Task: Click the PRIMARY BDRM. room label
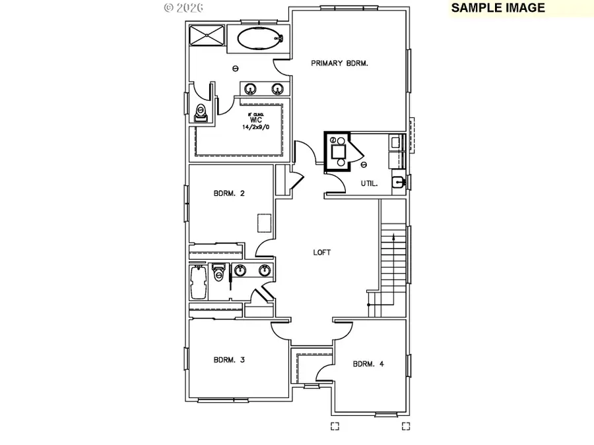pyautogui.click(x=339, y=63)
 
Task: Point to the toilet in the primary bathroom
pyautogui.click(x=202, y=113)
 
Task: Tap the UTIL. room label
pyautogui.click(x=369, y=183)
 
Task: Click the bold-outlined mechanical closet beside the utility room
pyautogui.click(x=339, y=152)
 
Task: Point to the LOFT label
pyautogui.click(x=321, y=252)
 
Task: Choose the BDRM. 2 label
pyautogui.click(x=229, y=193)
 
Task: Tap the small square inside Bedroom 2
pyautogui.click(x=265, y=223)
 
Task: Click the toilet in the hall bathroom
pyautogui.click(x=218, y=273)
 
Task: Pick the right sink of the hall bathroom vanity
pyautogui.click(x=265, y=269)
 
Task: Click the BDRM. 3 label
pyautogui.click(x=229, y=360)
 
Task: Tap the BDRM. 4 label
pyautogui.click(x=369, y=363)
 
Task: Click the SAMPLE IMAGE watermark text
pyautogui.click(x=498, y=8)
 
